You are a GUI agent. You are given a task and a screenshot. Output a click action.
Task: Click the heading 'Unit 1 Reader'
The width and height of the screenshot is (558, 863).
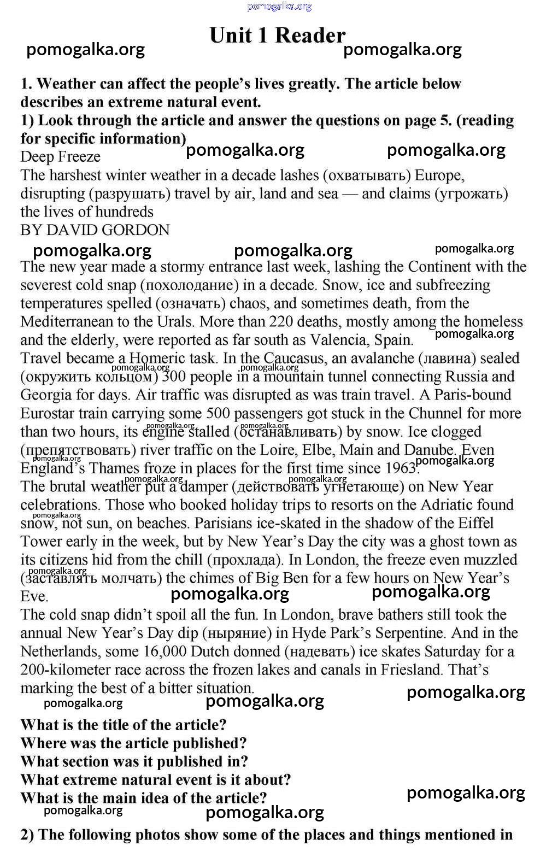tap(277, 36)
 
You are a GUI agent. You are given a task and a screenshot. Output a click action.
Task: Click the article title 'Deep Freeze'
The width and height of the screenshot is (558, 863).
tap(60, 157)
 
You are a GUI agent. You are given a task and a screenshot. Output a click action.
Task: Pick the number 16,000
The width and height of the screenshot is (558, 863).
tap(165, 651)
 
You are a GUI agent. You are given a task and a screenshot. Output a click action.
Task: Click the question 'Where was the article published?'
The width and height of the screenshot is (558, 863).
tap(133, 743)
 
